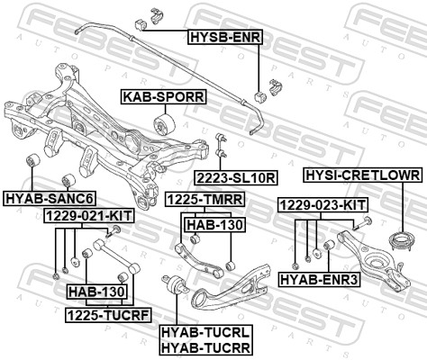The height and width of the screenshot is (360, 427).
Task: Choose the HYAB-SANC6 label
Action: [50, 198]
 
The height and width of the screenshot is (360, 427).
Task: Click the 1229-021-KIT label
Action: [88, 216]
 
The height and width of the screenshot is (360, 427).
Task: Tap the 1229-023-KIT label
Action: [321, 205]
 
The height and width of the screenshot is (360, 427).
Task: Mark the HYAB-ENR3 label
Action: [332, 280]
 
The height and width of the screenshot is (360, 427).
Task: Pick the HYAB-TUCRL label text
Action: [205, 332]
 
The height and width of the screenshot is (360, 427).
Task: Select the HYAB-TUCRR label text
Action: [205, 346]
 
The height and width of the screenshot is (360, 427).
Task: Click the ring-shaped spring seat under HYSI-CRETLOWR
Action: [394, 241]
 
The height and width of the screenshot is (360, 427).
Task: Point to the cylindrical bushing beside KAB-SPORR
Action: [166, 122]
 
